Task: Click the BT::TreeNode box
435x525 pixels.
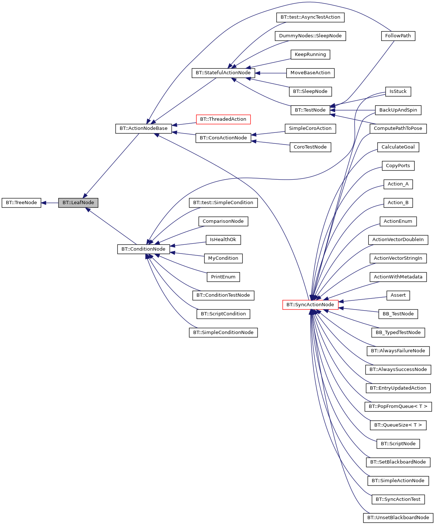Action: point(21,203)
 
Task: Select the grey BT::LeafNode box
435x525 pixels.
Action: point(78,203)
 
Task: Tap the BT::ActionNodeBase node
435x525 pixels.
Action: point(143,128)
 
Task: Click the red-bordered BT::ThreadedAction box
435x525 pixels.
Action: point(223,119)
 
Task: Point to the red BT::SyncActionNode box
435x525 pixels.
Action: point(310,305)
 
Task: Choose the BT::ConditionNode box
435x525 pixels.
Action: point(143,249)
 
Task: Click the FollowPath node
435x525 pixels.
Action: point(398,36)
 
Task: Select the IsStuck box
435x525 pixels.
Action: point(398,91)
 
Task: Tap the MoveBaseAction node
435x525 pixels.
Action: point(310,73)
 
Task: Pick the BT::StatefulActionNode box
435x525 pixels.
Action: point(223,73)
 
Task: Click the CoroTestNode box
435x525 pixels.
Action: point(310,147)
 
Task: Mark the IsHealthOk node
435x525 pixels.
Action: point(223,240)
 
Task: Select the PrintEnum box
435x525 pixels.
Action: point(223,277)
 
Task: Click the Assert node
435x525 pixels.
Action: point(398,295)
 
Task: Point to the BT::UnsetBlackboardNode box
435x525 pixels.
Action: point(398,518)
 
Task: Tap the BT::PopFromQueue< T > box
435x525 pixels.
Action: point(398,406)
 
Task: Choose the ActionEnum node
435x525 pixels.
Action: point(398,221)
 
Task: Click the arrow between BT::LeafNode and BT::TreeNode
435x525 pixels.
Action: point(50,203)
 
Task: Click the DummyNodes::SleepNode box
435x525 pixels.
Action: point(310,36)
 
